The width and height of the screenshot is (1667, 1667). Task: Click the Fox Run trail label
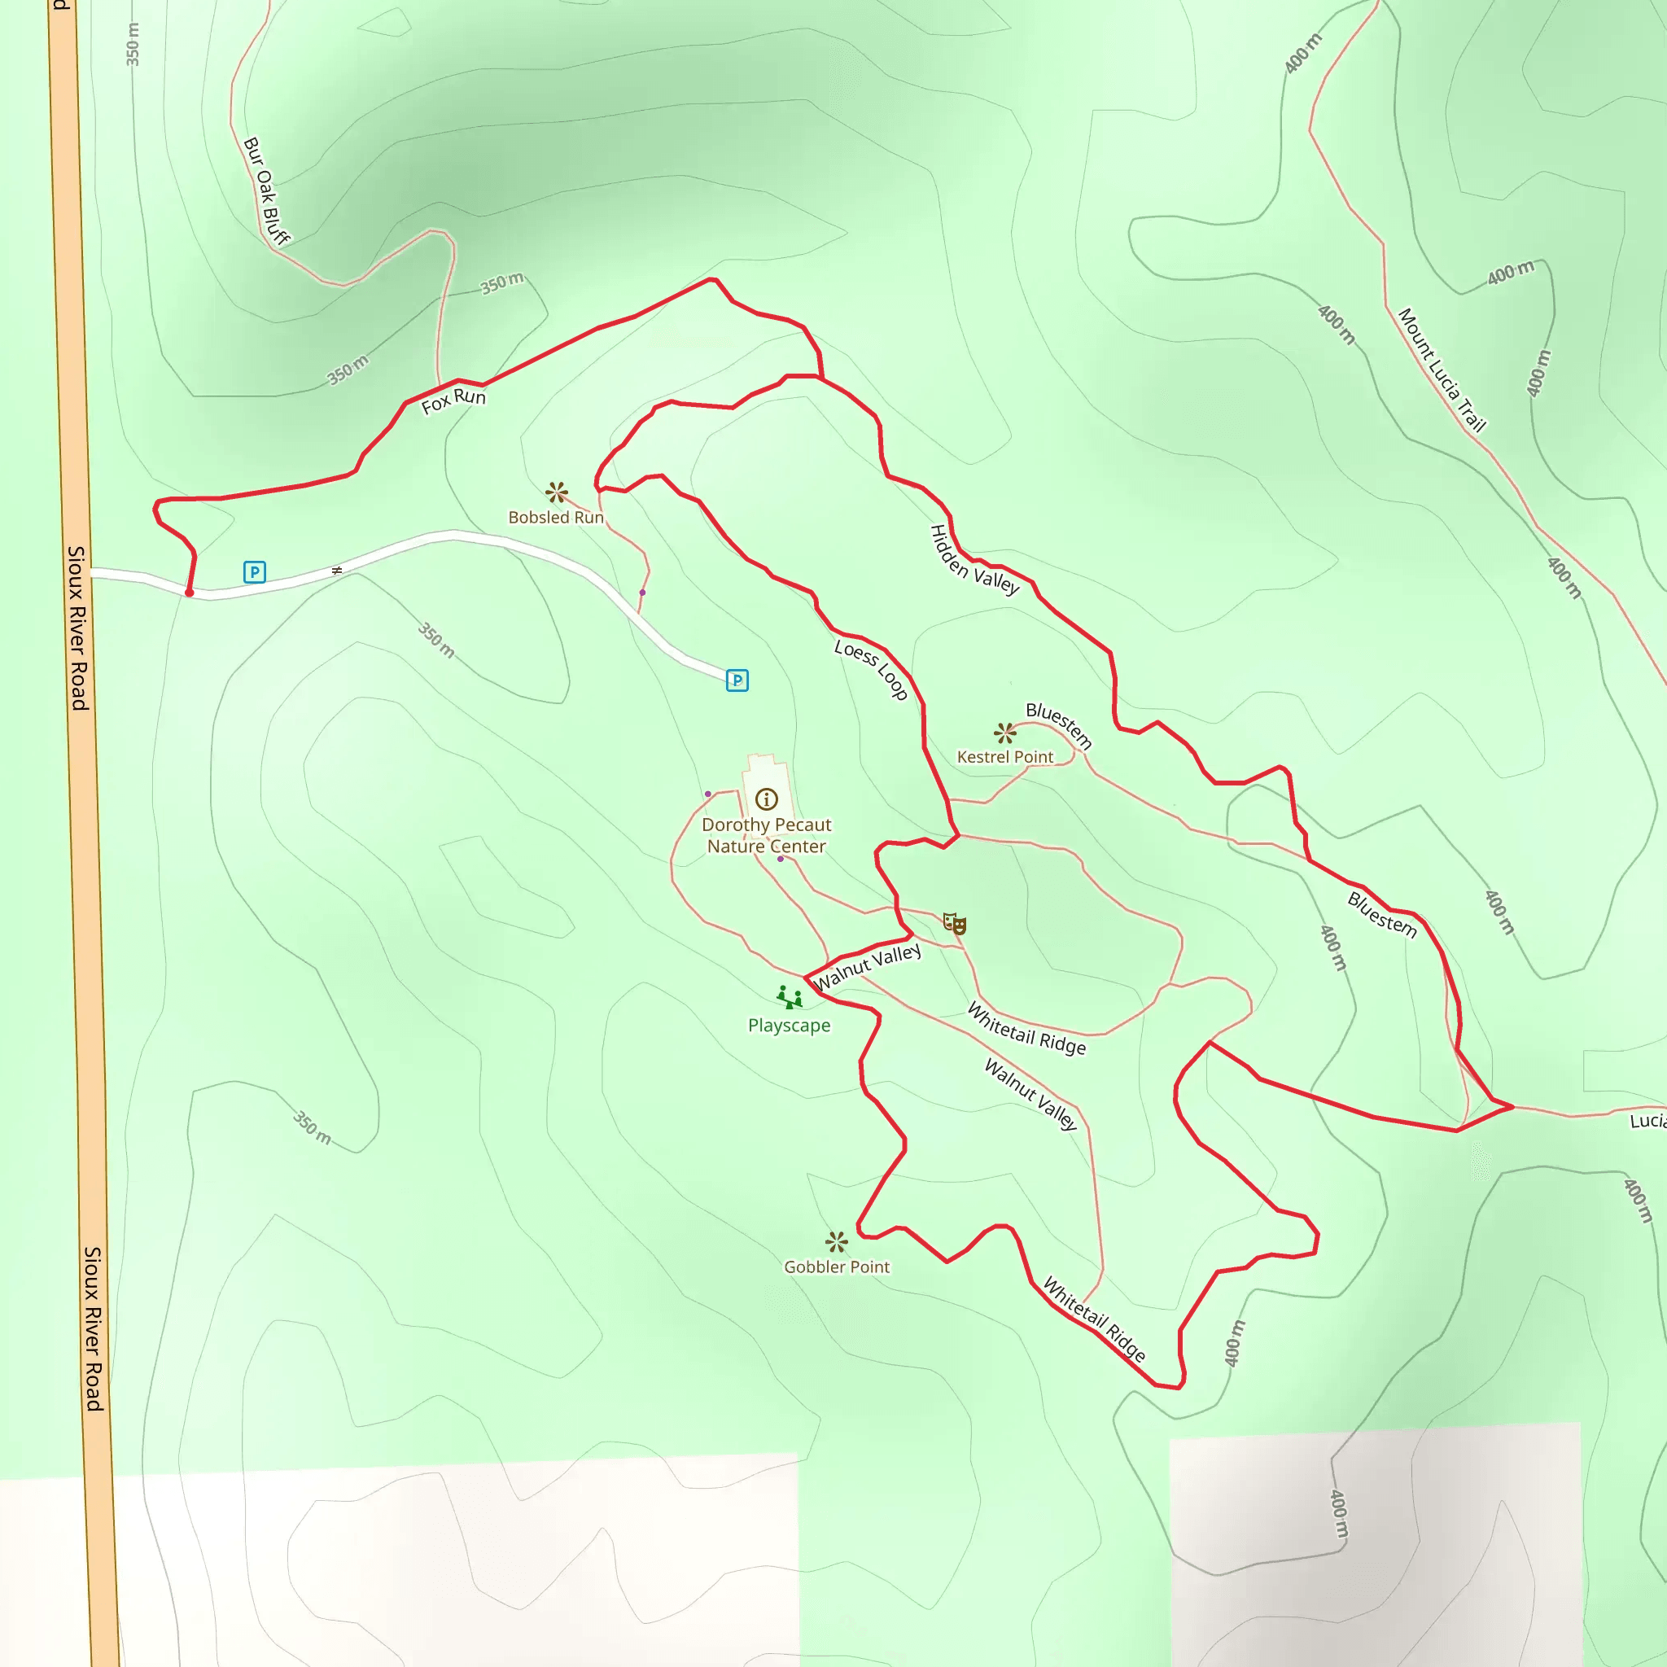pos(453,400)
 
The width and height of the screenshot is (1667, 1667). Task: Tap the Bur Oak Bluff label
pos(265,190)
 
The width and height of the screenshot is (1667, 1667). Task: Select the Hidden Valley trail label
pos(974,560)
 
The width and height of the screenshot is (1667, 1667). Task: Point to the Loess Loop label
pos(871,670)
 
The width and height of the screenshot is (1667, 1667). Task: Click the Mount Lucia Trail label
pos(1442,370)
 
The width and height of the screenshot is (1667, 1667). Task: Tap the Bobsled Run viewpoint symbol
pos(557,492)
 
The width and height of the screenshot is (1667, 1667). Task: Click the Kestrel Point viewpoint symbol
pos(1004,733)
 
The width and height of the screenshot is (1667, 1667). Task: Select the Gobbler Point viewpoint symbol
pos(836,1241)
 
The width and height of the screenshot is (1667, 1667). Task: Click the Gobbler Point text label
pos(836,1267)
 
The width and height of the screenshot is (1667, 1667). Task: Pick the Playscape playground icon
pos(789,997)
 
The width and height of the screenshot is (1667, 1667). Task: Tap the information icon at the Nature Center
pos(766,799)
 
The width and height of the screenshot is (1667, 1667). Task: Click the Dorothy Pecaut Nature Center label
pos(766,835)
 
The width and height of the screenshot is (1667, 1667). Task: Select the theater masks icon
pos(953,923)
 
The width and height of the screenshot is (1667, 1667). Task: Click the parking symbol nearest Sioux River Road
pos(255,572)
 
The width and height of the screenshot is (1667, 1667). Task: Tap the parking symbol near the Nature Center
pos(737,680)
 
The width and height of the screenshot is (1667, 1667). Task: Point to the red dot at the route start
pos(189,593)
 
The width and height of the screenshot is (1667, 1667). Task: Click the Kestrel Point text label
pos(1004,757)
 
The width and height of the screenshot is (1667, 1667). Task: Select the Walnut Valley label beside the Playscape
pos(867,967)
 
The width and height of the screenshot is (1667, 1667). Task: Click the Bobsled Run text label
pos(556,517)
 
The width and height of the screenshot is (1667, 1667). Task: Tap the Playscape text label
pos(789,1025)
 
